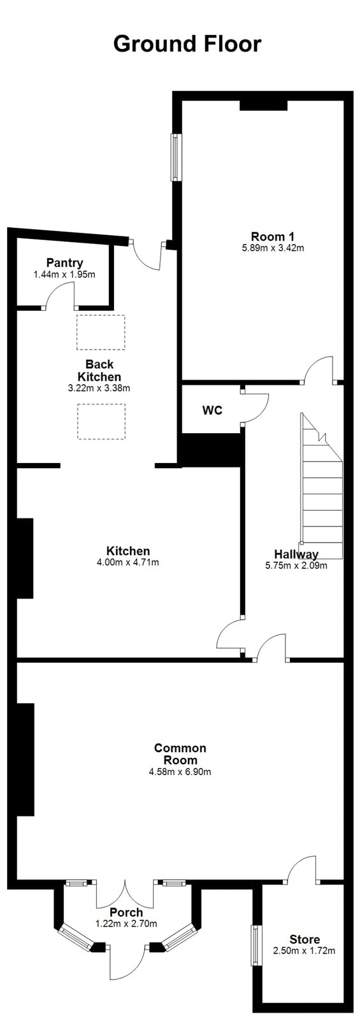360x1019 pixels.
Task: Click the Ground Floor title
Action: pyautogui.click(x=187, y=45)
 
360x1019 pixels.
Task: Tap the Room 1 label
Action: pyautogui.click(x=273, y=236)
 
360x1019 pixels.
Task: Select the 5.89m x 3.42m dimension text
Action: pyautogui.click(x=273, y=248)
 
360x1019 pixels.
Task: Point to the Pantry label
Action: pyautogui.click(x=64, y=263)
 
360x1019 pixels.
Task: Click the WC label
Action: pyautogui.click(x=212, y=410)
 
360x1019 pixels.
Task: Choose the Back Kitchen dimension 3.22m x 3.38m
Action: pyautogui.click(x=99, y=388)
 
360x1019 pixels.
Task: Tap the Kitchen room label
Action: pyautogui.click(x=128, y=551)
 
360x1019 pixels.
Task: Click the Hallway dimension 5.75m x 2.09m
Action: pyautogui.click(x=296, y=566)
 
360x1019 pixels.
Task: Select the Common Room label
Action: pyautogui.click(x=180, y=754)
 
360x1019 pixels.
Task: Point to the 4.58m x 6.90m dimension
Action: pyautogui.click(x=180, y=771)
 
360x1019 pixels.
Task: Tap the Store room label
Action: pyautogui.click(x=305, y=939)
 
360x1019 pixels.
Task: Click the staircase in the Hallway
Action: pyautogui.click(x=320, y=486)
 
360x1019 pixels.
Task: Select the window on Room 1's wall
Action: pyautogui.click(x=175, y=157)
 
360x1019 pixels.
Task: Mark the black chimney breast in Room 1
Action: pyautogui.click(x=264, y=105)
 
